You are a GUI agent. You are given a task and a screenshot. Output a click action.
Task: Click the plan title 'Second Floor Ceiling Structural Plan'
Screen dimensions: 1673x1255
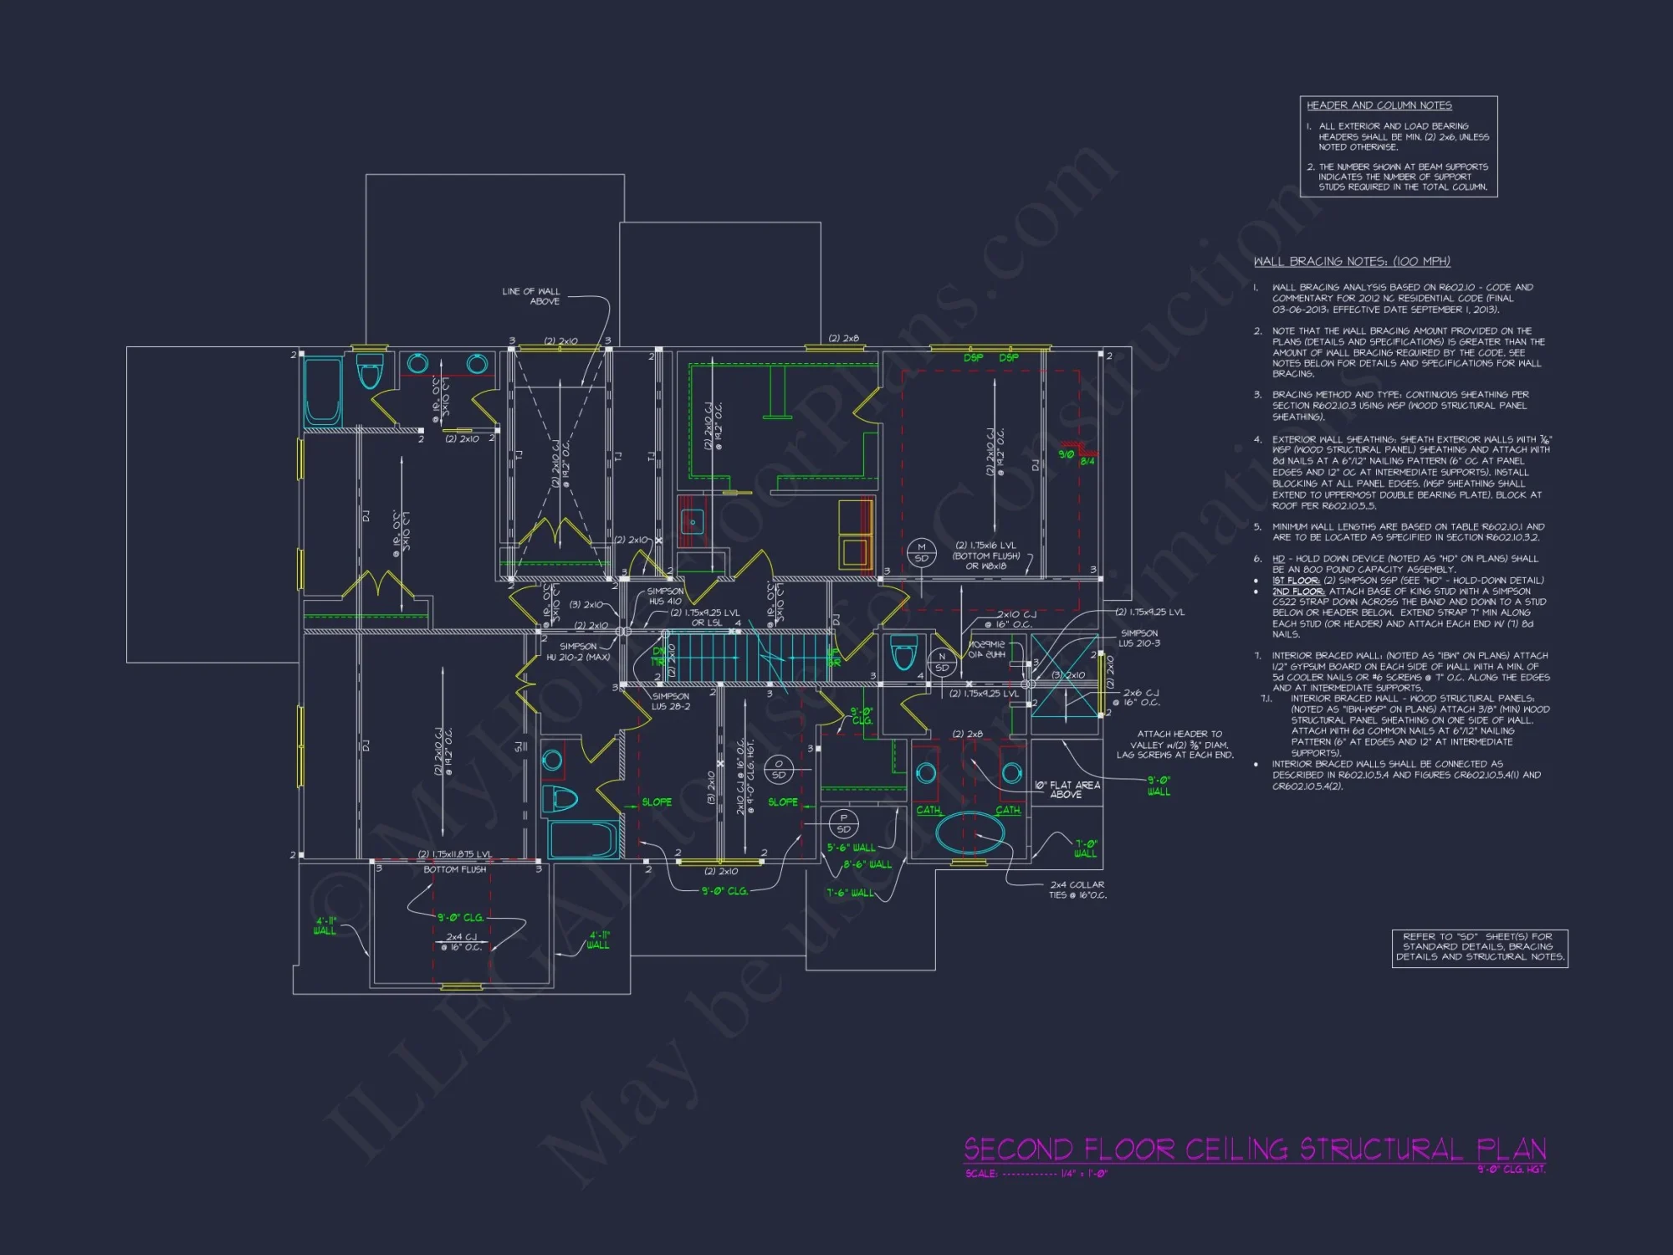[x=1255, y=1150]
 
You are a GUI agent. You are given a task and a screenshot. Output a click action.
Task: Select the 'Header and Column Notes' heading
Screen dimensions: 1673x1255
[x=1379, y=105]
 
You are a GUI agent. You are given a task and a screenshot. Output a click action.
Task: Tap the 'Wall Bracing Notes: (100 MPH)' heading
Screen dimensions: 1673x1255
[x=1352, y=262]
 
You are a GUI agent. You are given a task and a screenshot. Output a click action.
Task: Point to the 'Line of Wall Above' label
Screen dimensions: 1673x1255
[x=531, y=296]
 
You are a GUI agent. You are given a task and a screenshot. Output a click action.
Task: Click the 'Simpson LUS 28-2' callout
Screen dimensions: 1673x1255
[x=671, y=701]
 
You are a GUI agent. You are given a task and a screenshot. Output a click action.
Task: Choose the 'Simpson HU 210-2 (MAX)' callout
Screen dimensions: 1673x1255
[x=578, y=652]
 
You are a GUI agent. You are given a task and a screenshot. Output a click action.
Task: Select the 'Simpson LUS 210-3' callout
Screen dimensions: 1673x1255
[x=1138, y=638]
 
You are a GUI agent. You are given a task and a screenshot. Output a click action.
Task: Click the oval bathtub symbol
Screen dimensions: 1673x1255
[x=970, y=833]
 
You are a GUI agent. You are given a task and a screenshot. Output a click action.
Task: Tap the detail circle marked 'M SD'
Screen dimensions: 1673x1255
[x=921, y=553]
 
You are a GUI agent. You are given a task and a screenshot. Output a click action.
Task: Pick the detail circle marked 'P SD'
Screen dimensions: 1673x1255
[x=843, y=824]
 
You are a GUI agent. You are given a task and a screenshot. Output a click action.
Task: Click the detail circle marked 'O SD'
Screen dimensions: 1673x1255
[x=778, y=770]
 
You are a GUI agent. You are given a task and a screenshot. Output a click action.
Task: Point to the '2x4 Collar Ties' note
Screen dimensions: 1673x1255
[x=1077, y=889]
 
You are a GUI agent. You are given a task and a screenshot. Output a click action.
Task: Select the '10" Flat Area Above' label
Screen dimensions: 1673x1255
[x=1067, y=790]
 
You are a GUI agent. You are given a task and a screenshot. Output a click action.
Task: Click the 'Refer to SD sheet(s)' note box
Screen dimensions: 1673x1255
[x=1479, y=947]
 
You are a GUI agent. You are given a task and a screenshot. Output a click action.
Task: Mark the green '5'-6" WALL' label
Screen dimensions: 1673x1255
[x=851, y=848]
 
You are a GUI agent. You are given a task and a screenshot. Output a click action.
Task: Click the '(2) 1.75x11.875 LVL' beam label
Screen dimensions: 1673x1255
[x=454, y=854]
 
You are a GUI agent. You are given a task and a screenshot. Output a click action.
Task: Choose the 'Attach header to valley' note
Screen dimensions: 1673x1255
[x=1174, y=745]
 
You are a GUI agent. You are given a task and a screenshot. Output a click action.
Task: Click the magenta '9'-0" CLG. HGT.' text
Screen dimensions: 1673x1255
[x=1511, y=1169]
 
